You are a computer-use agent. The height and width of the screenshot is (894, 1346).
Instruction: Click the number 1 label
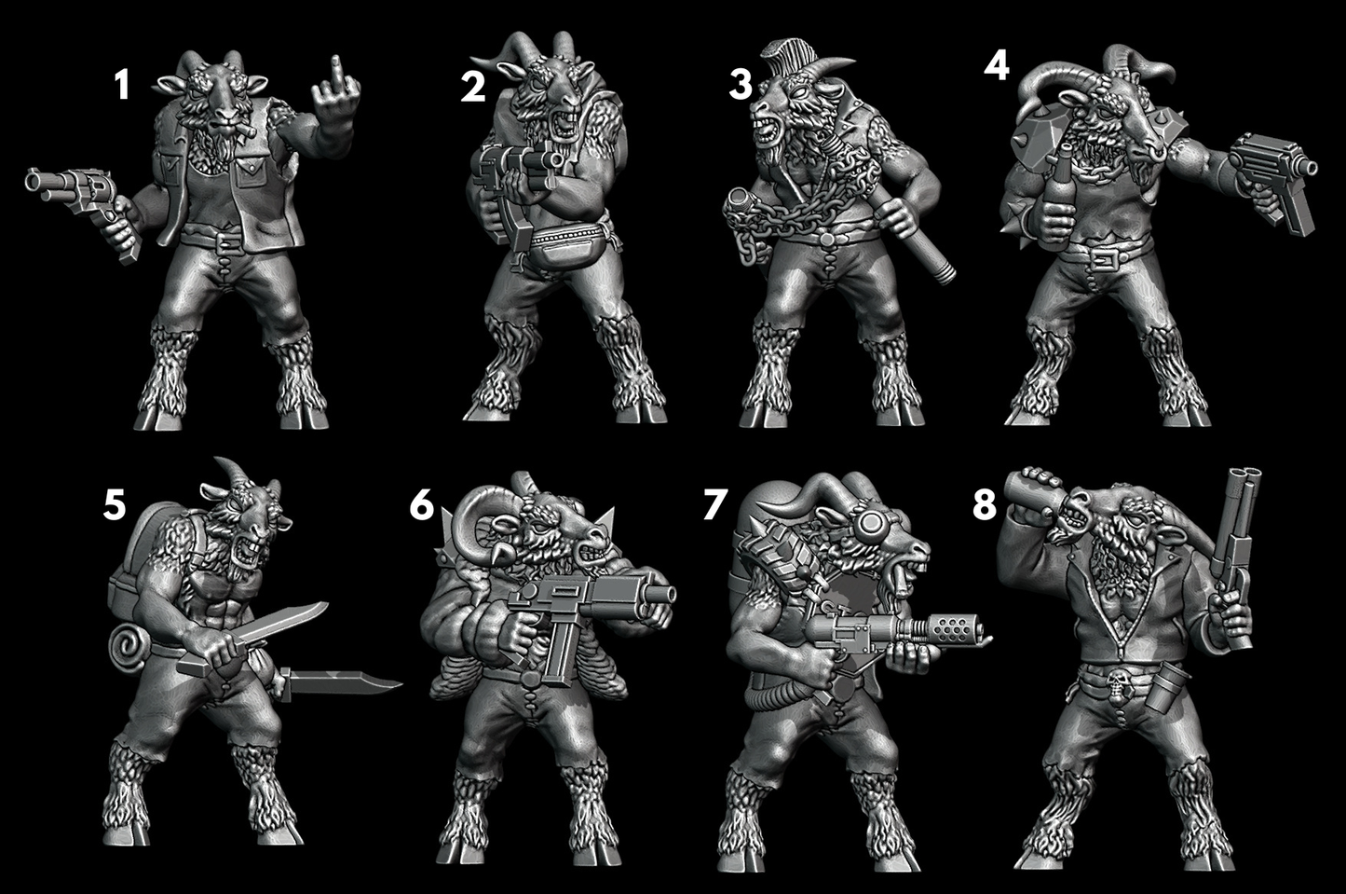click(x=122, y=85)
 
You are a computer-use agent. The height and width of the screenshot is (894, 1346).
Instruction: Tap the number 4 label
click(x=997, y=65)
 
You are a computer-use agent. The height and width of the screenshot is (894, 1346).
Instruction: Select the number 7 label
click(x=715, y=503)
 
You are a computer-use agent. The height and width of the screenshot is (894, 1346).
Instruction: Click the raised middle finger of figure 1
click(x=337, y=71)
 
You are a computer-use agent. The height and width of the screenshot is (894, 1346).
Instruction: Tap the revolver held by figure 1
click(x=84, y=204)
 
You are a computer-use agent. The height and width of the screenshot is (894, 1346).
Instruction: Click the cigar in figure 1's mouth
click(x=245, y=129)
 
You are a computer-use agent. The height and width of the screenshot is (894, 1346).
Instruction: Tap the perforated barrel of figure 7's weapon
click(x=958, y=629)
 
